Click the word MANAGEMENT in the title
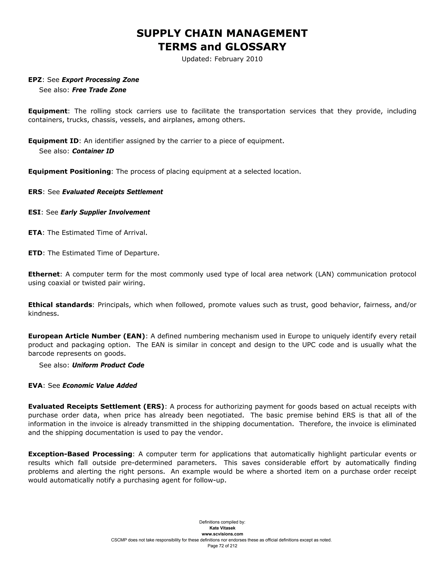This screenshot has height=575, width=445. click(x=267, y=33)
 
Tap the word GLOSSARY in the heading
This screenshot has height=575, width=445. click(x=256, y=47)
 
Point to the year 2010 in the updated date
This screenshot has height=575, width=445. click(x=254, y=59)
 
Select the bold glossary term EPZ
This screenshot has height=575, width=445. click(x=35, y=80)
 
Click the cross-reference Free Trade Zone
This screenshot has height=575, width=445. click(x=99, y=90)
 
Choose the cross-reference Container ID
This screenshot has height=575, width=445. click(x=93, y=151)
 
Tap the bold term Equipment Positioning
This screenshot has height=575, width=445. click(x=70, y=172)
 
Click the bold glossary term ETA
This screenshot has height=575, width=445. click(x=35, y=233)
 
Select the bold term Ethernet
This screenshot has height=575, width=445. click(x=44, y=274)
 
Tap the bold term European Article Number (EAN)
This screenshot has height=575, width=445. click(x=87, y=336)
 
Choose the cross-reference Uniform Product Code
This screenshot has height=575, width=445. click(x=108, y=365)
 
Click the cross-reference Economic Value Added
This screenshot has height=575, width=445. click(x=100, y=386)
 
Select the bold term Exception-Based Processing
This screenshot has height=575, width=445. click(x=80, y=454)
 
